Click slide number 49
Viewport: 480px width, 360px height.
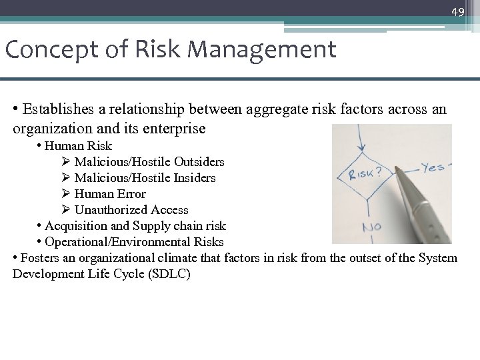coord(457,12)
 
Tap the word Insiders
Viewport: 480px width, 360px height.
coord(193,177)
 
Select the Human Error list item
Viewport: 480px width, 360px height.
coord(110,194)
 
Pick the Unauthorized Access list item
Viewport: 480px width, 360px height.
coord(131,210)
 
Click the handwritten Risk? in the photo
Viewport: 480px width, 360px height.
coord(364,175)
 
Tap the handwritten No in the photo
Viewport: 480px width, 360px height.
coord(372,228)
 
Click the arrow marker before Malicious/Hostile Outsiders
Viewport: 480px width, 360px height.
coord(65,161)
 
